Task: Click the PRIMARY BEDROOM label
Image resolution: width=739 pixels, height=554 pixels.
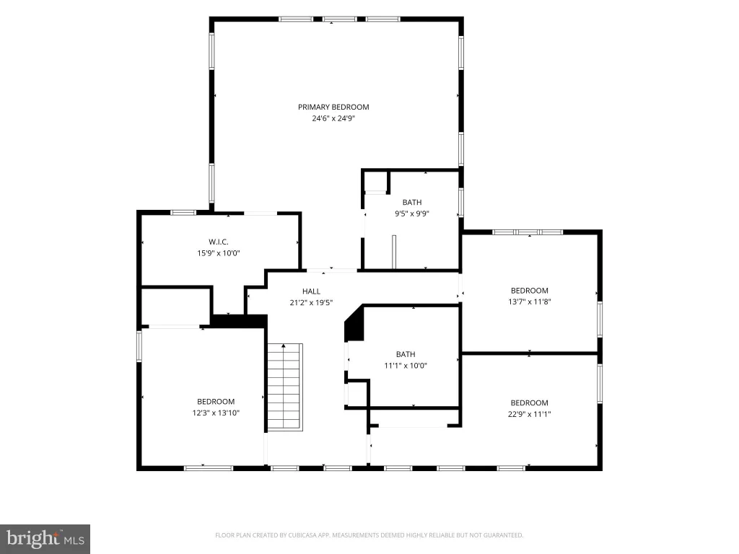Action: click(333, 107)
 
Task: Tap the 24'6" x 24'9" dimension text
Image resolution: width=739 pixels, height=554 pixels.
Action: click(333, 118)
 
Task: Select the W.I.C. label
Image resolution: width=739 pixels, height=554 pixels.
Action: click(219, 242)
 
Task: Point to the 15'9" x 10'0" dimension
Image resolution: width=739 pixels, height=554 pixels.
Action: click(219, 253)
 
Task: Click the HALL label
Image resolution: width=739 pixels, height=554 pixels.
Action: click(311, 291)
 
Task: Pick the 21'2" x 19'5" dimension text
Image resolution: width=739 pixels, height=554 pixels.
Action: click(311, 302)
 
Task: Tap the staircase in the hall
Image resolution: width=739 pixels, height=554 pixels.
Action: click(284, 387)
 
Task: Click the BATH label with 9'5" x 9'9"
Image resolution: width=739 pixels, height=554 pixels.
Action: click(412, 202)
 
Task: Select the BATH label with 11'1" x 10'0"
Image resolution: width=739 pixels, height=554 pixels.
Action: click(406, 354)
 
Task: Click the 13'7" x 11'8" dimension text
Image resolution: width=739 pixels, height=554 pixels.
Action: click(529, 302)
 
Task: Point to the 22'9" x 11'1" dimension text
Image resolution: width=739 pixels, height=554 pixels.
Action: click(529, 414)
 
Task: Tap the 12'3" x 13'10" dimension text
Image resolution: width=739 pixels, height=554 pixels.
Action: click(216, 413)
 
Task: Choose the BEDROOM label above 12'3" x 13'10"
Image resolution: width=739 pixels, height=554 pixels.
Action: click(216, 402)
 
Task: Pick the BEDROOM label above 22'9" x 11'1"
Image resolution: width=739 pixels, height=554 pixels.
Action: click(529, 403)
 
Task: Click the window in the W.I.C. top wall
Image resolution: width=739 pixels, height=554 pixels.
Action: click(183, 213)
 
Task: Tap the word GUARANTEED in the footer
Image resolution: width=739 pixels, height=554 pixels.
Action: click(504, 535)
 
